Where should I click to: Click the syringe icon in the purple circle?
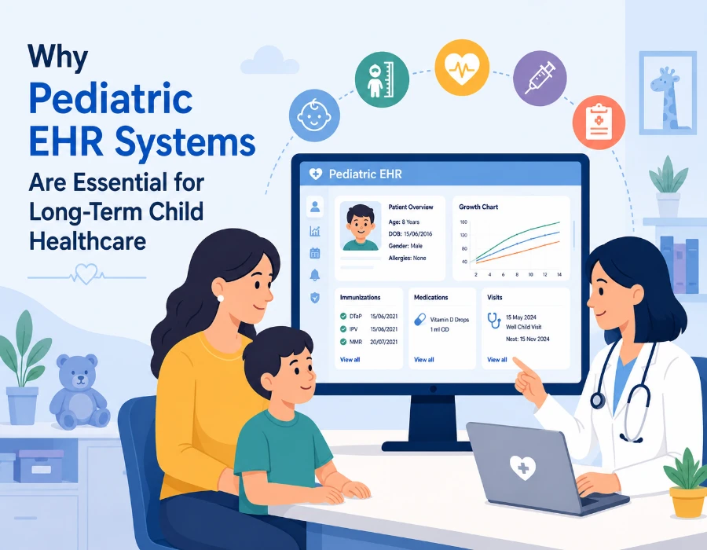pos(540,78)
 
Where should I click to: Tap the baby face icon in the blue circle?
pos(314,115)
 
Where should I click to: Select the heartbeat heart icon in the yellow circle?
pos(462,68)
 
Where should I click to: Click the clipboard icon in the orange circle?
pos(599,122)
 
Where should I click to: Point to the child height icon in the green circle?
pos(382,80)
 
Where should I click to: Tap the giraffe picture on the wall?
pos(668,93)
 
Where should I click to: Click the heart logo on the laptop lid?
pos(522,467)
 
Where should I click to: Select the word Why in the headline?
pos(57,57)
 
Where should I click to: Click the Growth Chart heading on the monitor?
pos(478,207)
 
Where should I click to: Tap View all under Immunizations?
pos(350,360)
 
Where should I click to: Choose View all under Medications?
pos(424,360)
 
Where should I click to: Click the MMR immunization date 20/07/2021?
pos(383,342)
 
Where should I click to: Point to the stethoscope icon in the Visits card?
pos(494,321)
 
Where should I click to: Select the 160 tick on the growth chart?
pos(463,222)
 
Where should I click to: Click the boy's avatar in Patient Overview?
pos(361,226)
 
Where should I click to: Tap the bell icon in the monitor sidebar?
pos(315,274)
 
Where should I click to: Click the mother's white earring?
pos(221,299)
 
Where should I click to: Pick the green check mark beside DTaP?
pos(343,317)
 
